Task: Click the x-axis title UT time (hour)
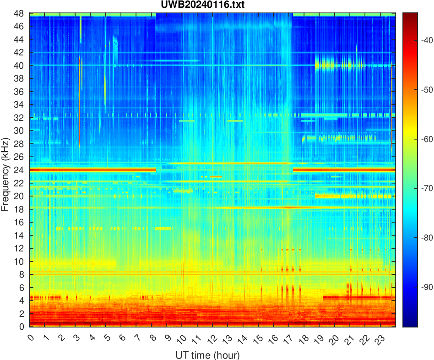(207, 355)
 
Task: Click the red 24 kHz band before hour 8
(92, 170)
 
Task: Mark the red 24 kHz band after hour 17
(343, 170)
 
